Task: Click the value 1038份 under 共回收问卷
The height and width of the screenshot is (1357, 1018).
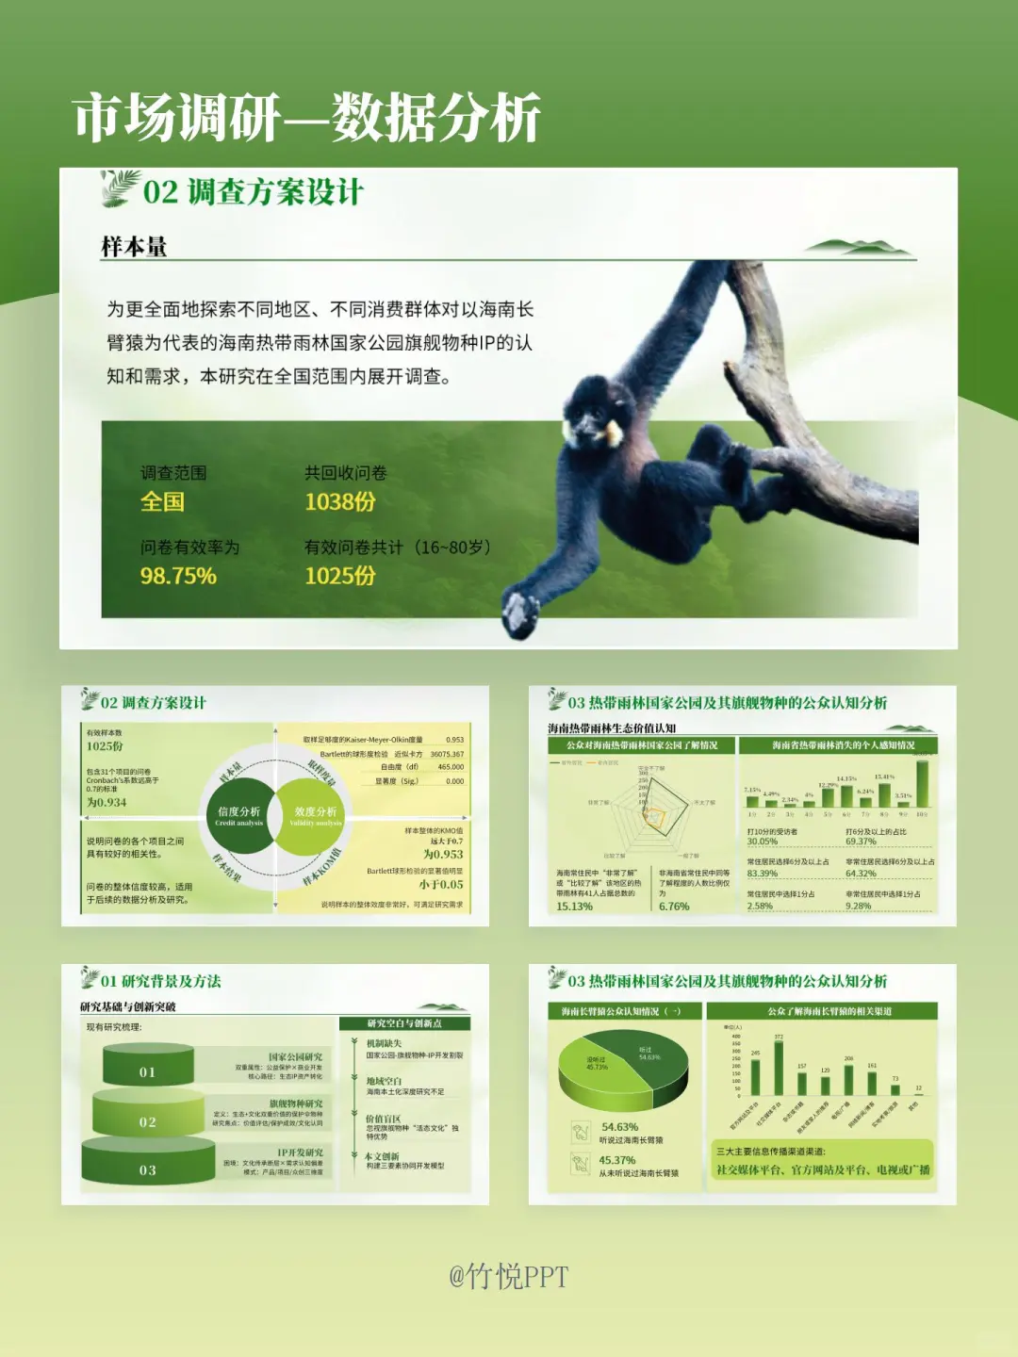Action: (x=339, y=502)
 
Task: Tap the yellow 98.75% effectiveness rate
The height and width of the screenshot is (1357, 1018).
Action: (x=178, y=576)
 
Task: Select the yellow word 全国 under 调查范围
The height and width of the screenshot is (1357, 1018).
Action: (x=162, y=502)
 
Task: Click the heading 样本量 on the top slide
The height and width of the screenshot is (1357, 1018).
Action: (x=134, y=247)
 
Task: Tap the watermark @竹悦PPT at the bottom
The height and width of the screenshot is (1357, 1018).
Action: (x=508, y=1277)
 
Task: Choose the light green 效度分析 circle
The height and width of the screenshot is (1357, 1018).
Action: (x=315, y=815)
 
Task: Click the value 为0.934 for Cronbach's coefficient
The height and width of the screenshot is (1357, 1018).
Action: (x=107, y=803)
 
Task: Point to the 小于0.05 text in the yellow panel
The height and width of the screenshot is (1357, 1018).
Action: (x=441, y=885)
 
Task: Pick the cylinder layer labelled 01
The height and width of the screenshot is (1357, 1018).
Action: (x=148, y=1068)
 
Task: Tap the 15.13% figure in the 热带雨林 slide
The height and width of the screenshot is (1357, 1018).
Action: (x=574, y=907)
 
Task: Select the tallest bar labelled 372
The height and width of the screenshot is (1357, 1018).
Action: (x=779, y=1068)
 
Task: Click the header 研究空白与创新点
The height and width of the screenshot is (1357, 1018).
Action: (x=403, y=1023)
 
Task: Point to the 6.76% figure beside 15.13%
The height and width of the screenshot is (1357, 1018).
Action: (x=674, y=907)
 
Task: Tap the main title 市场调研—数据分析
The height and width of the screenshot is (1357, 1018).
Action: (x=307, y=119)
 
